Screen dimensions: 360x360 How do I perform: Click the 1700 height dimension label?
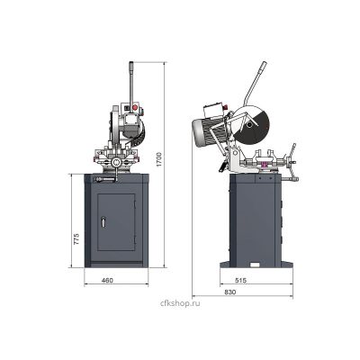click(x=159, y=159)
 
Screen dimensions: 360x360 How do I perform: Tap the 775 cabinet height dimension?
click(x=76, y=238)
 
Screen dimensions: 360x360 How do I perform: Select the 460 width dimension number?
click(x=107, y=281)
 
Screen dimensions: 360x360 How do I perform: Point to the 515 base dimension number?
click(x=240, y=281)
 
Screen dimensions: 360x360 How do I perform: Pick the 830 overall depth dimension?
click(x=230, y=292)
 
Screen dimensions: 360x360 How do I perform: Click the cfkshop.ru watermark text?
click(x=180, y=303)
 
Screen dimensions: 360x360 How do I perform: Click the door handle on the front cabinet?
click(x=103, y=221)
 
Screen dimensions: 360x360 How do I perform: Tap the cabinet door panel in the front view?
click(x=116, y=222)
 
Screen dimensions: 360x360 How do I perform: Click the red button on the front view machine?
click(x=135, y=107)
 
